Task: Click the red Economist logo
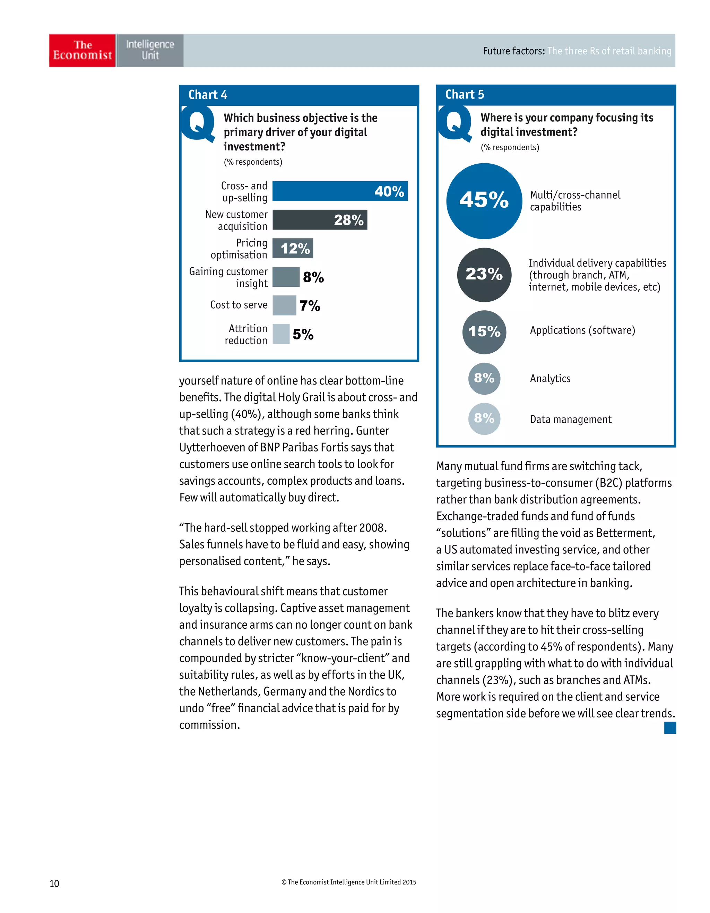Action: click(82, 50)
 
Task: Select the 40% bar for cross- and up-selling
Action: click(340, 191)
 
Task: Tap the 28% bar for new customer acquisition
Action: click(320, 220)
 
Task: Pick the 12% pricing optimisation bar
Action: click(293, 248)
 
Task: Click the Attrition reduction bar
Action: click(281, 334)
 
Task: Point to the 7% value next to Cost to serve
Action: click(310, 305)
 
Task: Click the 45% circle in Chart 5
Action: click(484, 201)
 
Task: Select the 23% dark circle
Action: click(484, 275)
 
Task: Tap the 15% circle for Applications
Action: click(484, 332)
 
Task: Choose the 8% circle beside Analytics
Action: click(484, 378)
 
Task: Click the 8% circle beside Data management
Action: click(484, 419)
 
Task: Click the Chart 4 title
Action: click(208, 95)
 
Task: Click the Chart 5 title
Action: click(464, 94)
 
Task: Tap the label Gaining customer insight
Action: click(228, 277)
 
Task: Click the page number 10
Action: click(54, 883)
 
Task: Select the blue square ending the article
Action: click(670, 728)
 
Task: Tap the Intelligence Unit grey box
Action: click(150, 50)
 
